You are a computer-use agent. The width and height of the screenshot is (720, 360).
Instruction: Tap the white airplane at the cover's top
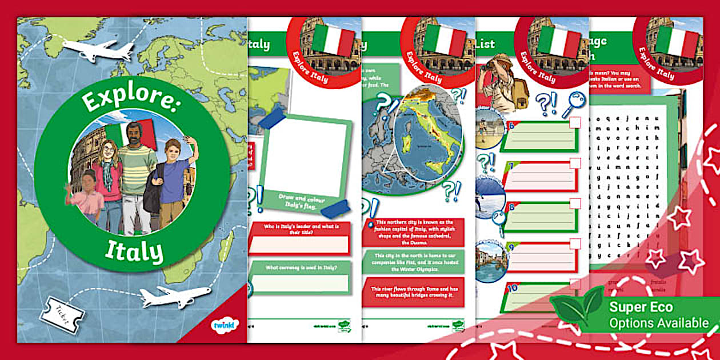point(98,51)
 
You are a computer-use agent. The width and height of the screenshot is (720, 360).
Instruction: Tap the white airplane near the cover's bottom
point(175,297)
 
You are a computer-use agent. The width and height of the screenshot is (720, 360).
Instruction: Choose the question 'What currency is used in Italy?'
point(299,266)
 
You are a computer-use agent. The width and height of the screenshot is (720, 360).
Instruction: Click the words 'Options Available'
point(659,323)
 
